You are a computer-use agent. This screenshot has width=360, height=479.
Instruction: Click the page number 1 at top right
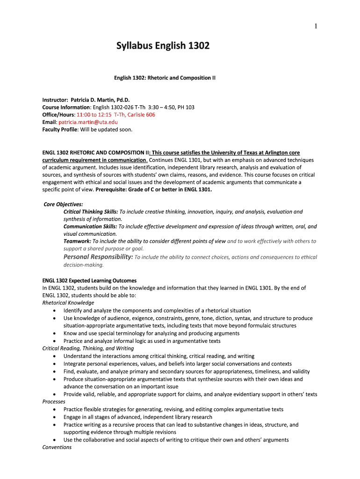tap(316, 26)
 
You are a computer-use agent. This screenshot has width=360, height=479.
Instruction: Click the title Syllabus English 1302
tap(163, 46)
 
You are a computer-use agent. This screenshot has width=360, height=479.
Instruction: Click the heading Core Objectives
tap(63, 204)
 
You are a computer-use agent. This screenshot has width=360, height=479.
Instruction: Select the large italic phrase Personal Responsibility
tap(98, 257)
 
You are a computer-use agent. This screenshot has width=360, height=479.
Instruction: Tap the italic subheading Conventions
tap(57, 448)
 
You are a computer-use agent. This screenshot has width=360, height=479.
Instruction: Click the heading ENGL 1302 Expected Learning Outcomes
tap(89, 281)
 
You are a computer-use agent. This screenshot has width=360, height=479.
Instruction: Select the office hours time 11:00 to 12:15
tap(94, 115)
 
